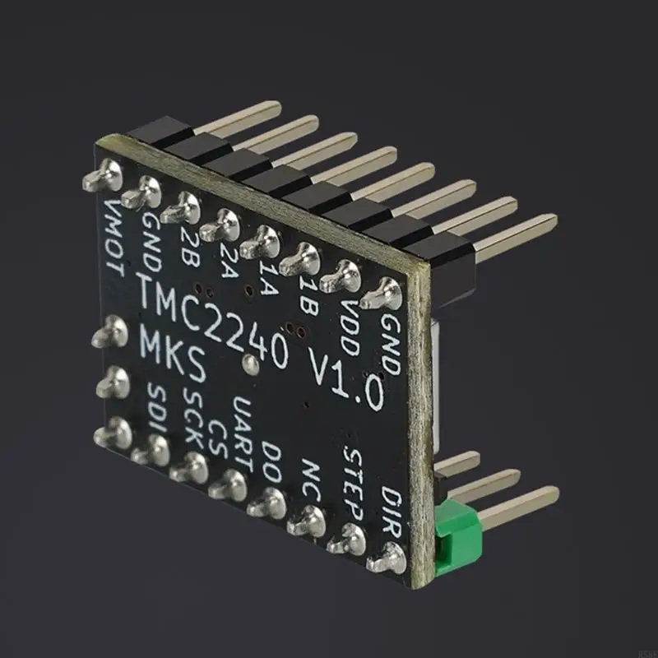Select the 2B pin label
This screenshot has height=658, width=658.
click(188, 242)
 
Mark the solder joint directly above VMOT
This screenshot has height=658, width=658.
click(104, 175)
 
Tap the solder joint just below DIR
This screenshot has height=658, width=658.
click(387, 559)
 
